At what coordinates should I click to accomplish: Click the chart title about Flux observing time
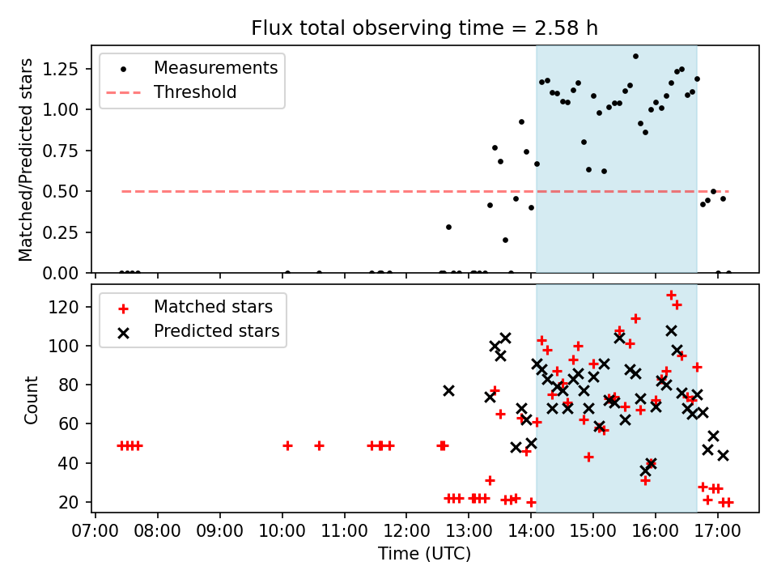[425, 29]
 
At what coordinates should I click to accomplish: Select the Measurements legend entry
[215, 68]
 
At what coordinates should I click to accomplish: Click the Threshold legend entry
[195, 92]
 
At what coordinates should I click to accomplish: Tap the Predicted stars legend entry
[216, 331]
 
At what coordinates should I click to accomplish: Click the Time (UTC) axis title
[424, 555]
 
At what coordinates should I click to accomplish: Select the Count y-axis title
[32, 399]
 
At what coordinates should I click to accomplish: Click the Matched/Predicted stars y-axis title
[27, 160]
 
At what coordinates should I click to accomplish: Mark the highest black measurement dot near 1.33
[635, 57]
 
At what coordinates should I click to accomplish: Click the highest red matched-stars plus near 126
[671, 295]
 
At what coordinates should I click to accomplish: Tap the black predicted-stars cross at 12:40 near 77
[448, 390]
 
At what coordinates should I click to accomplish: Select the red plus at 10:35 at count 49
[319, 445]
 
